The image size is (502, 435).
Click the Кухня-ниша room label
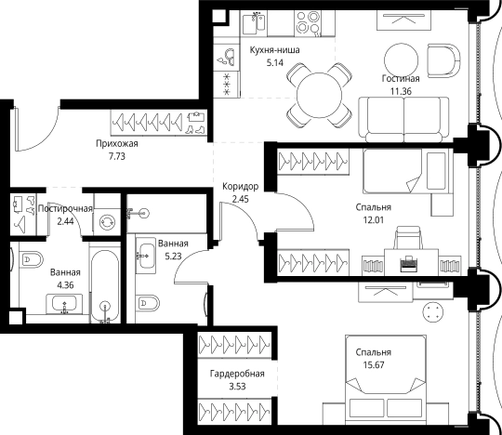[x=274, y=50]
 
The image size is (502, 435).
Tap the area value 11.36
[x=401, y=91]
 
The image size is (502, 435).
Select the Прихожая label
[x=117, y=144]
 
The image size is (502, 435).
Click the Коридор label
[x=240, y=186]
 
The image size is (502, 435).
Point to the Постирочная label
[x=65, y=209]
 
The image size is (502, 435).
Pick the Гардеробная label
[x=237, y=374]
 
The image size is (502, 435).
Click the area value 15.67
[x=374, y=365]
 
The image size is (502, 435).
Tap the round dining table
[x=319, y=95]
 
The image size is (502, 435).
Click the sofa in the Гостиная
[x=403, y=119]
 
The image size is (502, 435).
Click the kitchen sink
[x=254, y=23]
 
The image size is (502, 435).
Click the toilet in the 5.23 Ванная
[x=147, y=302]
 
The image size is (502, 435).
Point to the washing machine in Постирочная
[x=107, y=222]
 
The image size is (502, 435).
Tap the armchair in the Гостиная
[x=443, y=60]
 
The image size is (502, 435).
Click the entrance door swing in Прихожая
[x=37, y=129]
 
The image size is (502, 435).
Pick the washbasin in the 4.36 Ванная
[x=64, y=303]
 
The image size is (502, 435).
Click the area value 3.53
[x=237, y=387]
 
